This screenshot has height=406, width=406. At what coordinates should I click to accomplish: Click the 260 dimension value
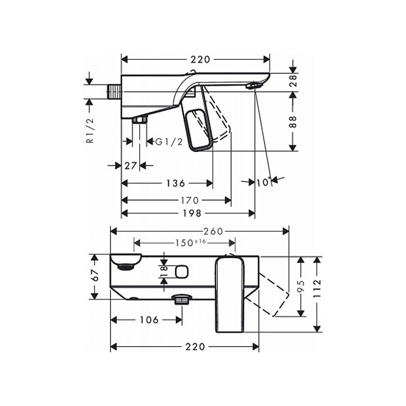pyautogui.click(x=213, y=231)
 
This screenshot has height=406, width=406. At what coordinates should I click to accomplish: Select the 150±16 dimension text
pyautogui.click(x=191, y=243)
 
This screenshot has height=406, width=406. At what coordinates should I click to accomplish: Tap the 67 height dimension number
pyautogui.click(x=95, y=275)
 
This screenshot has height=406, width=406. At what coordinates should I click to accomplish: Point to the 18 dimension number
pyautogui.click(x=164, y=271)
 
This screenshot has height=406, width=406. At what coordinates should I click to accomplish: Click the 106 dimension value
pyautogui.click(x=149, y=320)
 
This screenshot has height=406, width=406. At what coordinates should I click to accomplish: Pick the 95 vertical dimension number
pyautogui.click(x=300, y=287)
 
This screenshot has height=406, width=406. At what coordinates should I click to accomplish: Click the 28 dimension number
pyautogui.click(x=293, y=81)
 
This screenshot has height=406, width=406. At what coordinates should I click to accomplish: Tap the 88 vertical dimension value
pyautogui.click(x=292, y=122)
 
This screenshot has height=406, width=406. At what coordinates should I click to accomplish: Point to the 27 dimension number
pyautogui.click(x=130, y=165)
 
